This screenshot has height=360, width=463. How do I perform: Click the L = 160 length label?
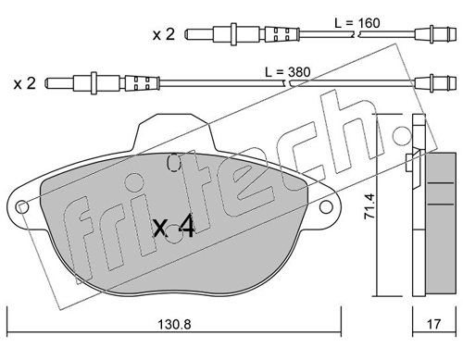[357, 23]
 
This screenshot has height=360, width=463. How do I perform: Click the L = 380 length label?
[287, 72]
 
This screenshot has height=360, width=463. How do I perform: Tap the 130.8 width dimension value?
[174, 324]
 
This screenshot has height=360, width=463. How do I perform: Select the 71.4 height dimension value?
[369, 206]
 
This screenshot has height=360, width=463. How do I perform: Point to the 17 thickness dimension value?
[433, 324]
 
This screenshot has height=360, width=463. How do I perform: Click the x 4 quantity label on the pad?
[174, 227]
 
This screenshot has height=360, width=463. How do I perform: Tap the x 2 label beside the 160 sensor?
[164, 34]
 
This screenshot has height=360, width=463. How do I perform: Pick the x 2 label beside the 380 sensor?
[25, 83]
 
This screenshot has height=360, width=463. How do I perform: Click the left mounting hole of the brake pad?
[22, 206]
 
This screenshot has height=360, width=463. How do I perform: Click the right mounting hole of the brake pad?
[326, 206]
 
